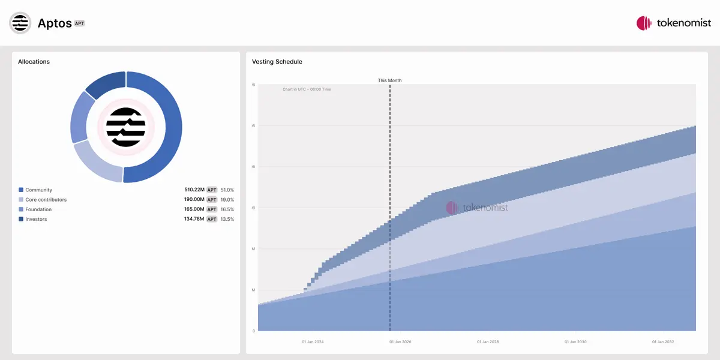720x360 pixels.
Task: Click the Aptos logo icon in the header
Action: click(x=20, y=23)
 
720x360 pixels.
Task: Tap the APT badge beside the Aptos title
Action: click(x=79, y=23)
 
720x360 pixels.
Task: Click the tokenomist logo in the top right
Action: click(x=673, y=23)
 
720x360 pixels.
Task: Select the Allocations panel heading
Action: click(x=34, y=62)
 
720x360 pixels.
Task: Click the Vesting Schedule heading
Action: click(x=277, y=62)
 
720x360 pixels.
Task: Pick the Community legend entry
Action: click(x=38, y=190)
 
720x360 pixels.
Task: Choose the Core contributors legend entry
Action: click(x=46, y=200)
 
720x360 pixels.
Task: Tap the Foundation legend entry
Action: click(x=38, y=209)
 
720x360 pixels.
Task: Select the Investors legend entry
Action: click(x=36, y=219)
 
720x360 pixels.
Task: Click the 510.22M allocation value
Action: click(x=194, y=190)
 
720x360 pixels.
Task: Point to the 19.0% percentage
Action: click(x=227, y=200)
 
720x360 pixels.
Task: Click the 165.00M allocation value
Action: click(x=194, y=209)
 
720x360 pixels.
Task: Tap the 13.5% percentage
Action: click(x=227, y=219)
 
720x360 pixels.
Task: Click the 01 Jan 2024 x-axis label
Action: click(x=313, y=342)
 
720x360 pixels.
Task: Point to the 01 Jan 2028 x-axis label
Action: click(x=488, y=342)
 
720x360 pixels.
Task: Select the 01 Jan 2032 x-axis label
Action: click(x=663, y=342)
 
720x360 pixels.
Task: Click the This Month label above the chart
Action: click(x=390, y=80)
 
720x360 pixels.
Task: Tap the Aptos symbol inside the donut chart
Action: click(x=126, y=127)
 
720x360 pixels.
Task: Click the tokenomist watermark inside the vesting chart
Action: click(x=477, y=208)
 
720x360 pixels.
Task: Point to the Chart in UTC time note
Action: click(x=307, y=89)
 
